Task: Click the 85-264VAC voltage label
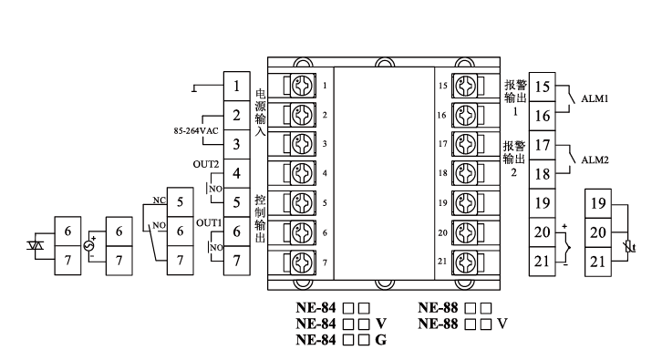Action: pyautogui.click(x=196, y=131)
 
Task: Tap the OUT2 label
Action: pyautogui.click(x=206, y=164)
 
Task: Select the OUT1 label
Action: pyautogui.click(x=209, y=223)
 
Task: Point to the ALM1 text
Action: pyautogui.click(x=595, y=98)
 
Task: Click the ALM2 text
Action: pyautogui.click(x=595, y=160)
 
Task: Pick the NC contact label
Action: pyautogui.click(x=160, y=200)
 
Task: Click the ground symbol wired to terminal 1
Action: pyautogui.click(x=194, y=89)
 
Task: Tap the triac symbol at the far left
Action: pyautogui.click(x=35, y=245)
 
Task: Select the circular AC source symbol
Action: pyautogui.click(x=89, y=246)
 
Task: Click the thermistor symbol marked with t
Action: pyautogui.click(x=630, y=246)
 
